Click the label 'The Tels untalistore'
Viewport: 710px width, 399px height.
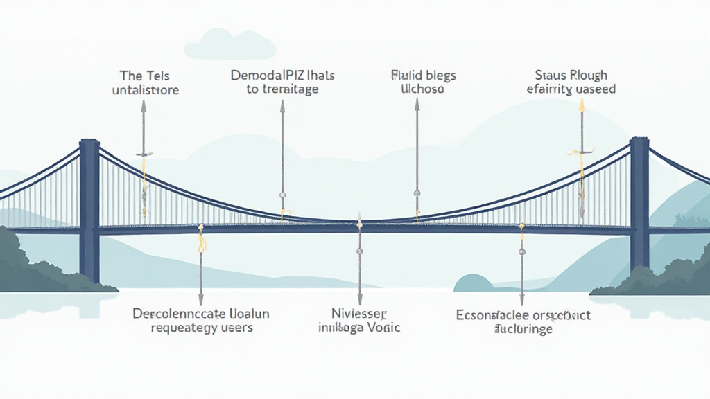click(145, 82)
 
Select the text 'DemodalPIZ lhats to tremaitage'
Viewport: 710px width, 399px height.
click(282, 82)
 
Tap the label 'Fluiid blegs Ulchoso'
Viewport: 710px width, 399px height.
click(417, 82)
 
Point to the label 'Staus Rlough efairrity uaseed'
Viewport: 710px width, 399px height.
click(571, 82)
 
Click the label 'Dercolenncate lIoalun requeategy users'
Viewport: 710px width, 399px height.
click(202, 320)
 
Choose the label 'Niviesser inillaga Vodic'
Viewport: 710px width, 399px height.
click(358, 320)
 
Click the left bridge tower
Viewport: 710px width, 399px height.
click(89, 208)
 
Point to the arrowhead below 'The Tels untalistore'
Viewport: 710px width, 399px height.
click(144, 106)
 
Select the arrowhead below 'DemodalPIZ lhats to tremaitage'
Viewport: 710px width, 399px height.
click(282, 106)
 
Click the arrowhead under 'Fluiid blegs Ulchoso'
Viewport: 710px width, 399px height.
click(417, 106)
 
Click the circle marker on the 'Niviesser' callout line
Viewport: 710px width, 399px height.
click(359, 251)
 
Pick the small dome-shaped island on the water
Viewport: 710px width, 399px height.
click(473, 283)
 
